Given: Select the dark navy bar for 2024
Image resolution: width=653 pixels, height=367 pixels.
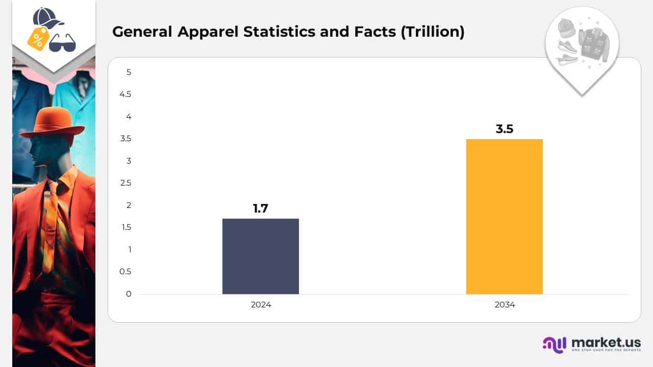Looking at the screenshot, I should coord(260,256).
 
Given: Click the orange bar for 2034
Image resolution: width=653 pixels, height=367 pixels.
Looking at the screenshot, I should coord(504,217).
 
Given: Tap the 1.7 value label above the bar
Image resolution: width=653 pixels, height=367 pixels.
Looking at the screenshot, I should coord(260,208).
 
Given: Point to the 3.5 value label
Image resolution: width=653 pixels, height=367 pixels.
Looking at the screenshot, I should coord(504,129).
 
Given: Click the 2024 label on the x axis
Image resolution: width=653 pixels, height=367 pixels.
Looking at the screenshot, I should coord(261,305).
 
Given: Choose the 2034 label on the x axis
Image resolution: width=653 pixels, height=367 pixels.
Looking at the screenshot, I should coord(505,305).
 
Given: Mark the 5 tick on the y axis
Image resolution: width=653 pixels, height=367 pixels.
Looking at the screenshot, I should coord(129,72).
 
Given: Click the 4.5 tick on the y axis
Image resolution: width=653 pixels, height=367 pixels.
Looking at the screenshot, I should coord(125,94).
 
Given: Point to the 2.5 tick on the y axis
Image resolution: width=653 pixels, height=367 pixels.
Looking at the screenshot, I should coord(125,183).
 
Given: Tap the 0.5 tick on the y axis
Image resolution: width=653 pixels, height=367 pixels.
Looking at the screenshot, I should coord(125,272).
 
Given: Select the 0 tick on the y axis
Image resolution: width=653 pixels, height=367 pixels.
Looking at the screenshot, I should coord(129,294).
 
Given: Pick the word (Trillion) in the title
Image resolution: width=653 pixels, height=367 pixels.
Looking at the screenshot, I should coord(433,32).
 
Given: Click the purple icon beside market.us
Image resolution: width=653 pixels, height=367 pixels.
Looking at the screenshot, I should coord(555,345).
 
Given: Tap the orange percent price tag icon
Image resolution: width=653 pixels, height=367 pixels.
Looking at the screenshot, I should coord(38,39).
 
